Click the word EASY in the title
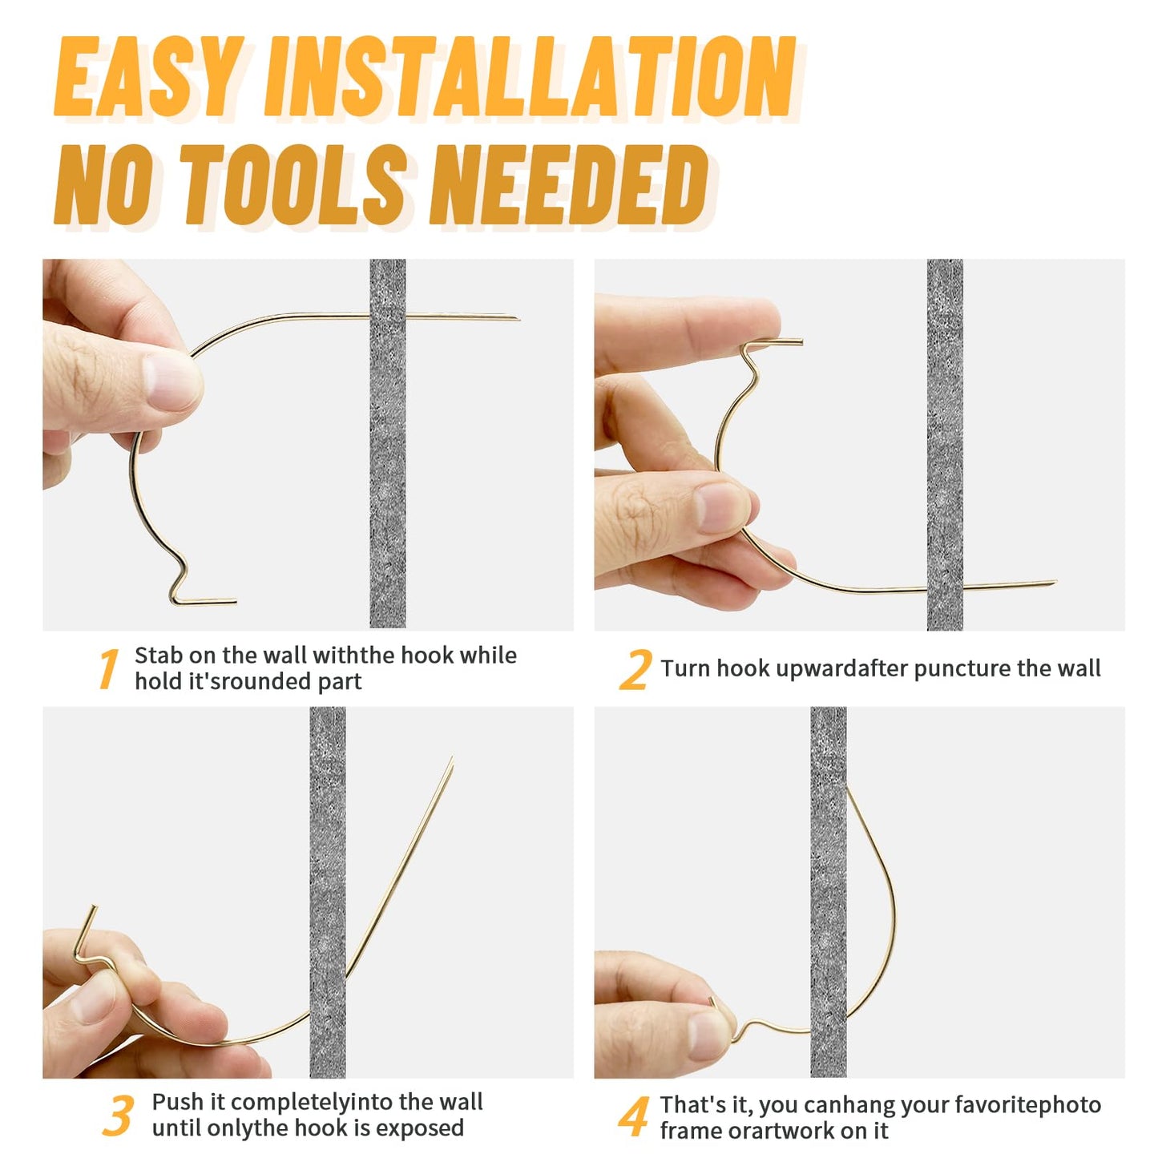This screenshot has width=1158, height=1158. pyautogui.click(x=148, y=76)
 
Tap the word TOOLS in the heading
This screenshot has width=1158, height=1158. pyautogui.click(x=293, y=184)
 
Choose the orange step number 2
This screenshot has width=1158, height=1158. pyautogui.click(x=635, y=669)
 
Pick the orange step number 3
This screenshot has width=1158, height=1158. pyautogui.click(x=119, y=1116)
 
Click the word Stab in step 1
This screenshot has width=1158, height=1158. pyautogui.click(x=157, y=655)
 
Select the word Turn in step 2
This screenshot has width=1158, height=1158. pyautogui.click(x=685, y=668)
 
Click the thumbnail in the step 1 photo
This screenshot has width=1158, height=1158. pyautogui.click(x=172, y=381)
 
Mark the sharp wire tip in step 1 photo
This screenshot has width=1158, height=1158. pyautogui.click(x=518, y=318)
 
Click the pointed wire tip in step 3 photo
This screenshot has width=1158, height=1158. pyautogui.click(x=452, y=758)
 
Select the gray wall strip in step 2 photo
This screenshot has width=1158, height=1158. pyautogui.click(x=945, y=445)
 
